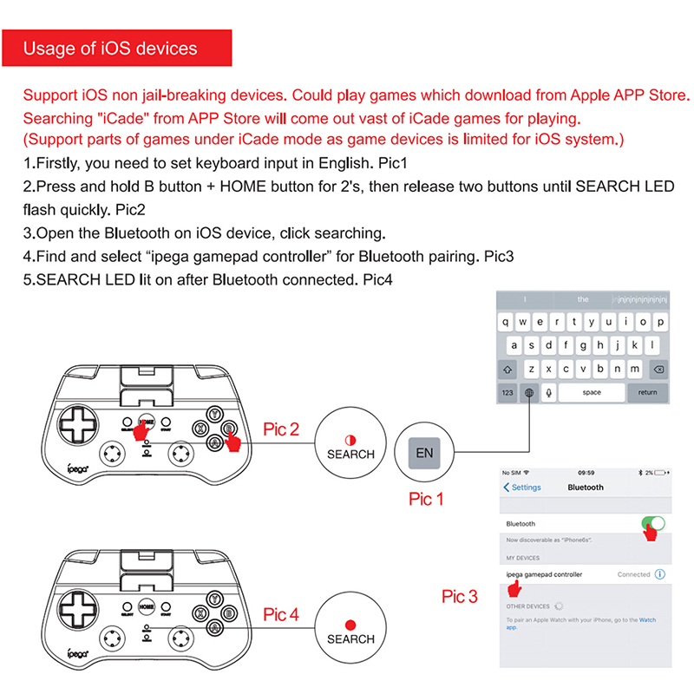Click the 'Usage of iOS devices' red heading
(110, 49)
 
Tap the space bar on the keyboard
(592, 392)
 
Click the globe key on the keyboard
(528, 392)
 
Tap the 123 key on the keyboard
(507, 392)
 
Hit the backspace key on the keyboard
(658, 369)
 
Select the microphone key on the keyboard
(548, 392)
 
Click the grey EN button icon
(424, 453)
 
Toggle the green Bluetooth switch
(653, 524)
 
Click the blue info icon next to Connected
(660, 574)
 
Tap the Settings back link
(522, 488)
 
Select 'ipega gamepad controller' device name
(544, 574)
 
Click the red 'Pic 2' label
(281, 429)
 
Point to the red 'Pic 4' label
(281, 614)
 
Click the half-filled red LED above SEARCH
(350, 439)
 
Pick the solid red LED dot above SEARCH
(350, 624)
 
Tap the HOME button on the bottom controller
(147, 608)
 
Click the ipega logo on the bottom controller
(81, 658)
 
